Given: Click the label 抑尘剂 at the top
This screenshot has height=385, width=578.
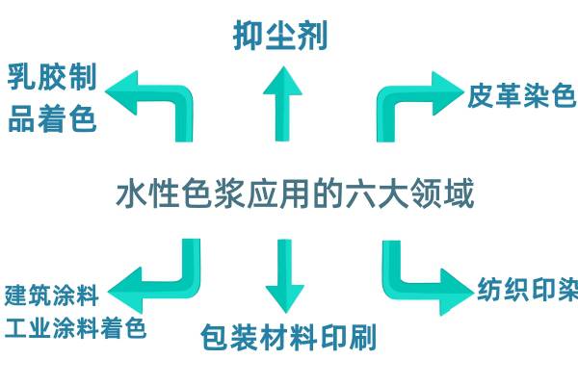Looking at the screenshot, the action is (x=280, y=36).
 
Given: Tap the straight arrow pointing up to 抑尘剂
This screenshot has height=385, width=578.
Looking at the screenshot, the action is (x=282, y=104).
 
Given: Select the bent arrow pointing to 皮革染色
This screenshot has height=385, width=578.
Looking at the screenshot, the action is (x=391, y=96).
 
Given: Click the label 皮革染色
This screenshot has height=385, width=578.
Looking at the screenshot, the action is (x=521, y=95).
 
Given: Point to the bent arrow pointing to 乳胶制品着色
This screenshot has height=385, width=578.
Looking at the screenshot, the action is (x=181, y=96).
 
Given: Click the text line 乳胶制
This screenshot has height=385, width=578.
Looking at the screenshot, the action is (x=52, y=77).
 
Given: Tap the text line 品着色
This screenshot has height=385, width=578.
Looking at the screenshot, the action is (x=52, y=118).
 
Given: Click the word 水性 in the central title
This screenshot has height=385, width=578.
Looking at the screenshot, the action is (x=148, y=193).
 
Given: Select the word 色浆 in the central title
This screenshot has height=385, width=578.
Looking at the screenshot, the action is (x=214, y=193).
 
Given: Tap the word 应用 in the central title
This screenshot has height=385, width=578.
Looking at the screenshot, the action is (x=278, y=193).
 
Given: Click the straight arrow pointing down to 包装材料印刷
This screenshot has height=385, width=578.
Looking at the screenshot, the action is (x=284, y=276).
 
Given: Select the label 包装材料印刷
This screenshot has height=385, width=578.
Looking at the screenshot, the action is (x=289, y=337).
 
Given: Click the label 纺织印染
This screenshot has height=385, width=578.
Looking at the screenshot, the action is (x=528, y=290).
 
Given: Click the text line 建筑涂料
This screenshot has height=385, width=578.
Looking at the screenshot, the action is (x=52, y=295).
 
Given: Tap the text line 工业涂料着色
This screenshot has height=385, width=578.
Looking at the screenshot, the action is (x=75, y=328).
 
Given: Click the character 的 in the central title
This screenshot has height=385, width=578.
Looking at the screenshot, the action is (x=328, y=193).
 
